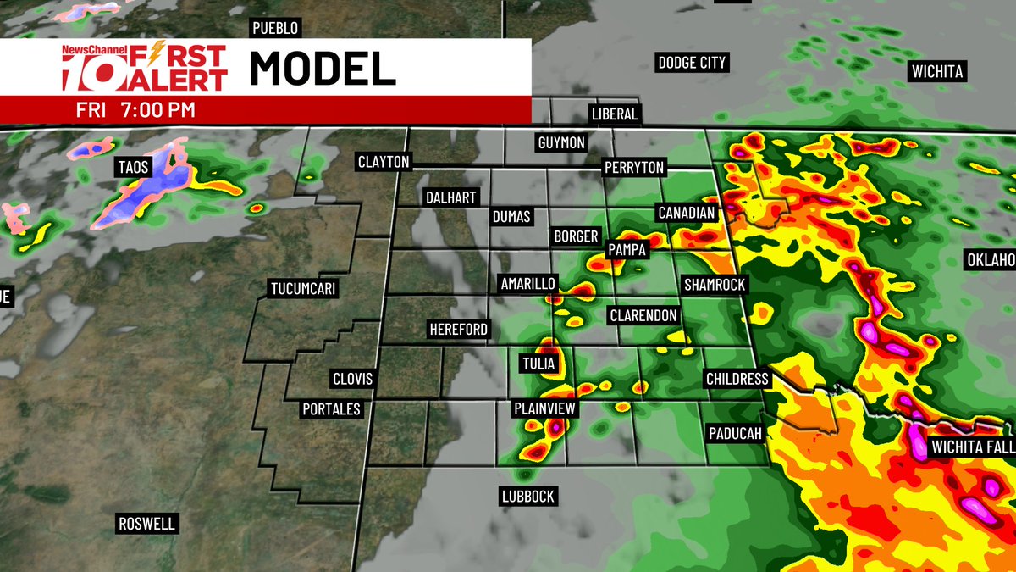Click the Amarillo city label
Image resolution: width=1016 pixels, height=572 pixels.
527,283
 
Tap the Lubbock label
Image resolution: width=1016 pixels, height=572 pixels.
527,497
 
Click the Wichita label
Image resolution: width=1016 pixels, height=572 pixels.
937,72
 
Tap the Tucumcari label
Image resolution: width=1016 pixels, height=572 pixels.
303,289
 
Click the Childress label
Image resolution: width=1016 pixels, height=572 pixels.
737,379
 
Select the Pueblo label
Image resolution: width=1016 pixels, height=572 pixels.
276,29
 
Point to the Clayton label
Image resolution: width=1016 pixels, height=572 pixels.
384,161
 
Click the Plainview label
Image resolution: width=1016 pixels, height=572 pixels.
545,408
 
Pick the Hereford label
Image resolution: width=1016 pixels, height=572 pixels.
459,329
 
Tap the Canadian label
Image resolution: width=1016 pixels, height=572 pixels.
686,213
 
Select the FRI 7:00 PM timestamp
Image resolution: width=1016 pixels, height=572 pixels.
135,110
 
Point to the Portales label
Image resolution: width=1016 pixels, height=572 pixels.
332,409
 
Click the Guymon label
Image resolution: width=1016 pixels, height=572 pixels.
561,142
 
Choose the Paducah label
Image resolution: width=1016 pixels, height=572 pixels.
735,433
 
